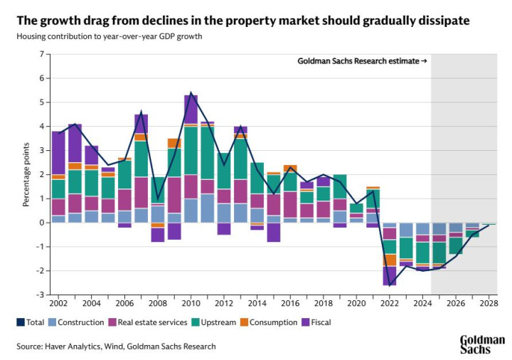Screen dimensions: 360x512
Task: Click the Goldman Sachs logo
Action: coord(482,344)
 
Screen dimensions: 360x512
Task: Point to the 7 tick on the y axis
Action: coord(42,54)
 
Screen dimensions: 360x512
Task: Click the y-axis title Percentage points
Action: coord(26,174)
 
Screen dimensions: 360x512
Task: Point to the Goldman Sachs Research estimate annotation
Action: coord(361,61)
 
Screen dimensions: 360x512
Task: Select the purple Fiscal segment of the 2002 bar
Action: coord(58,152)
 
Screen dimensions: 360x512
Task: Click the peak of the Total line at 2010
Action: coord(191,93)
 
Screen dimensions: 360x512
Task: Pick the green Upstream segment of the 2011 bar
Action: coord(208,153)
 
